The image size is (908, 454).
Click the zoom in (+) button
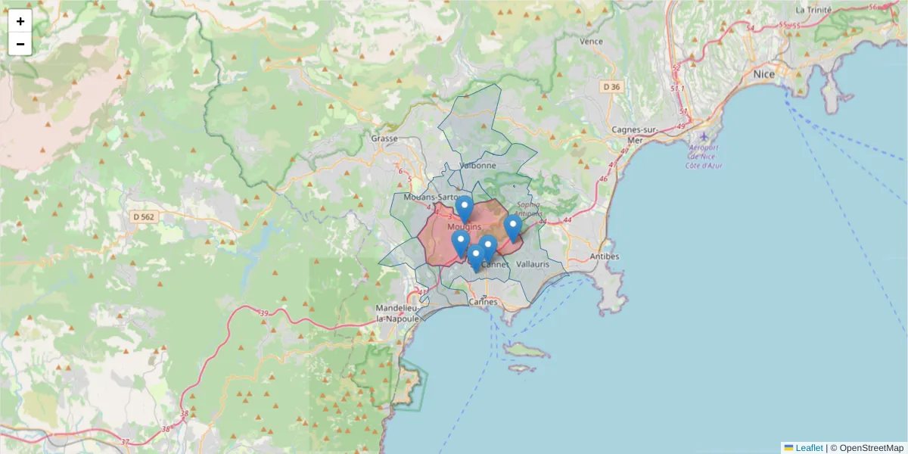pyautogui.click(x=20, y=21)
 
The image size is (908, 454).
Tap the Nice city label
pyautogui.click(x=763, y=74)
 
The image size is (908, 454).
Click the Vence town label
pyautogui.click(x=590, y=42)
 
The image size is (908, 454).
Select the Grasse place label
pyautogui.click(x=384, y=138)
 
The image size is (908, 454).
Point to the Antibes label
pyautogui.click(x=604, y=257)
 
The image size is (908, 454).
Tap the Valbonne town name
pyautogui.click(x=477, y=165)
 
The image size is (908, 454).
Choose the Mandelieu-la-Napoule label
pyautogui.click(x=397, y=313)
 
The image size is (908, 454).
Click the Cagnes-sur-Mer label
pyautogui.click(x=636, y=135)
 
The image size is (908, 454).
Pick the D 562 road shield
pyautogui.click(x=143, y=217)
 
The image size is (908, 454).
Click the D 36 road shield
pyautogui.click(x=611, y=87)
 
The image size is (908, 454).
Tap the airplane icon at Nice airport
pyautogui.click(x=704, y=137)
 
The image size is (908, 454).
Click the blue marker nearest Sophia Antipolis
pyautogui.click(x=513, y=227)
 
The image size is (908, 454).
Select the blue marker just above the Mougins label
pyautogui.click(x=465, y=208)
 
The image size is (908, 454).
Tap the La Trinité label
pyautogui.click(x=813, y=10)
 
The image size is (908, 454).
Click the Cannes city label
pyautogui.click(x=484, y=301)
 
